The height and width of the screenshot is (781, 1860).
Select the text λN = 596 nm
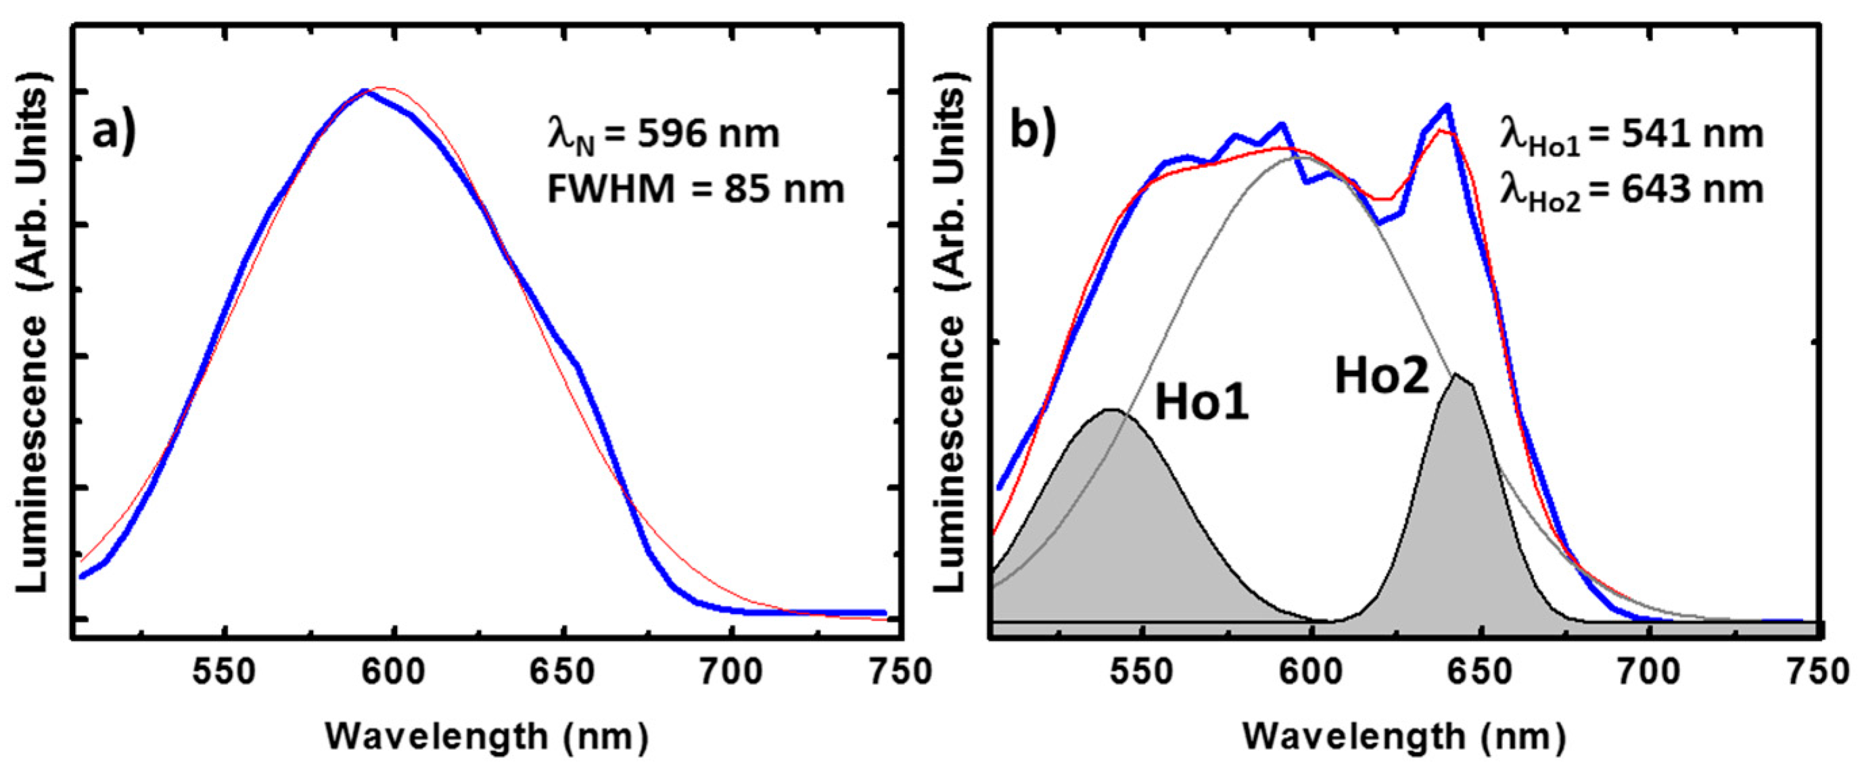tap(664, 135)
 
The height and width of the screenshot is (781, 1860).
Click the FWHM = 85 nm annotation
tap(695, 190)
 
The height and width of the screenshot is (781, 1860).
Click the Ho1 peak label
tap(1201, 402)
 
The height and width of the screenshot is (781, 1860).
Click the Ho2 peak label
tap(1381, 376)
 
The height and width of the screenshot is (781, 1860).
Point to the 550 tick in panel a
tap(225, 671)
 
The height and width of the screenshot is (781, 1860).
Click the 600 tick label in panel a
tap(394, 671)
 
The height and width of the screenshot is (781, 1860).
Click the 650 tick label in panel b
tap(1481, 671)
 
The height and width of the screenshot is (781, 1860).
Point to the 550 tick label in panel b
tap(1142, 671)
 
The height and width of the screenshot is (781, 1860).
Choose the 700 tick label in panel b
tap(1650, 671)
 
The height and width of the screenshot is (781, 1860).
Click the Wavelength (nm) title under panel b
tap(1404, 737)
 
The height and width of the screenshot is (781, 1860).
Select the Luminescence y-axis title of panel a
tap(32, 332)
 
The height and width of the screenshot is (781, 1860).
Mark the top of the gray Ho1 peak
tap(1113, 409)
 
